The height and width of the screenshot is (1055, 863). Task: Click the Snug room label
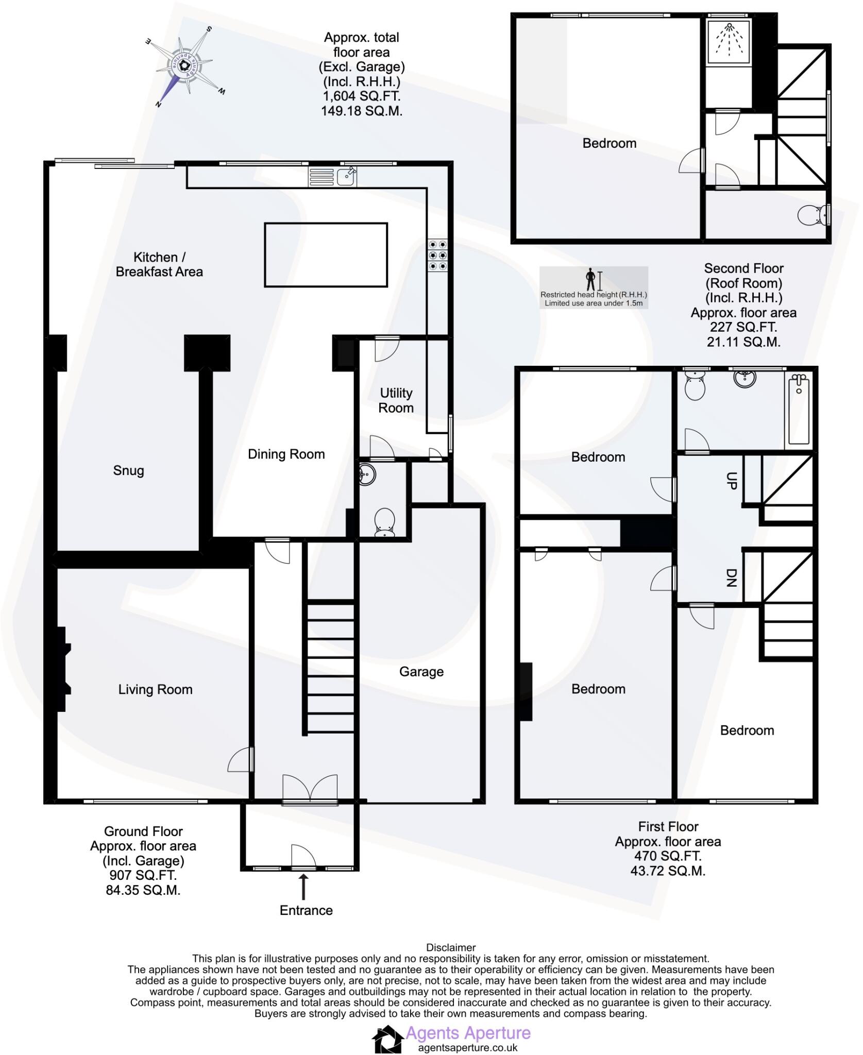point(128,470)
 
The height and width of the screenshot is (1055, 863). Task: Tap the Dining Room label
point(286,454)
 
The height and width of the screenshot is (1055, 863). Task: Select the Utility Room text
point(396,400)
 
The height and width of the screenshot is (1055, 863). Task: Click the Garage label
point(421,671)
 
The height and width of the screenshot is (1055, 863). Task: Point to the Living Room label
point(155,689)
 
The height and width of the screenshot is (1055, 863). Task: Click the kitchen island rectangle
point(326,254)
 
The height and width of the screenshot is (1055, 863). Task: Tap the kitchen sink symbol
point(346,176)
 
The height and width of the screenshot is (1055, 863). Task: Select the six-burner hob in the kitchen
point(437,256)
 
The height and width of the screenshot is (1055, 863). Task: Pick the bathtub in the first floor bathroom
point(799,410)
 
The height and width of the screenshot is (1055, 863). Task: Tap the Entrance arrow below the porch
point(303,887)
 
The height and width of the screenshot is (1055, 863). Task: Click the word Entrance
point(306,910)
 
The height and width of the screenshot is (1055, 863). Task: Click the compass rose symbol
point(185,64)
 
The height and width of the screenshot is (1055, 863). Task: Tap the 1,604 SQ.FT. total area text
point(361,96)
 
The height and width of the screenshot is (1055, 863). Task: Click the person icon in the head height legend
point(590,280)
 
